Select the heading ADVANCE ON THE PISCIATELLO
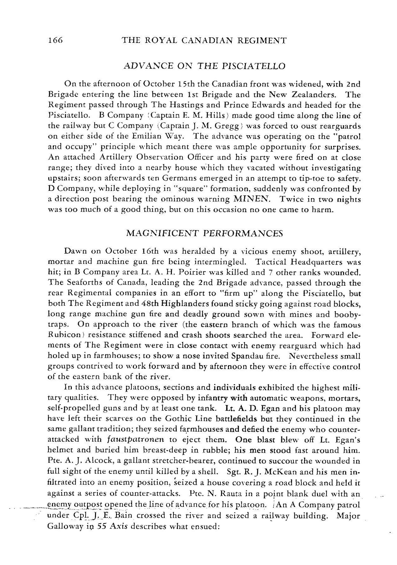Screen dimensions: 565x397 point(204,66)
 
